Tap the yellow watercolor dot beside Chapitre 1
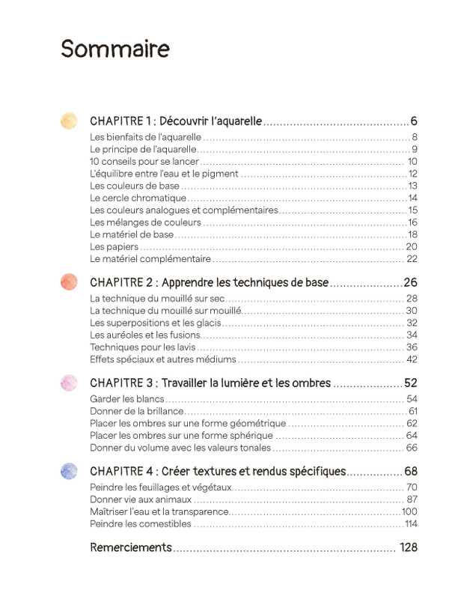click(68, 121)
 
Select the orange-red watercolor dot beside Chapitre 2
click(68, 282)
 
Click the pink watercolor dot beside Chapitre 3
click(68, 383)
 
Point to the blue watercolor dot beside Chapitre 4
click(68, 471)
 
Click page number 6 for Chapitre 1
click(413, 121)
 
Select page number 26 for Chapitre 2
click(409, 282)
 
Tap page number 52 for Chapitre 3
click(409, 383)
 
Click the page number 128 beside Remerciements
click(408, 547)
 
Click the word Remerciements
click(131, 547)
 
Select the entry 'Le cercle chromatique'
click(138, 198)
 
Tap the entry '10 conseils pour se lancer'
click(144, 161)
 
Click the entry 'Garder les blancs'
click(126, 399)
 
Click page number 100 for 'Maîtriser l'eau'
click(409, 511)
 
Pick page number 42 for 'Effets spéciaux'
click(411, 359)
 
